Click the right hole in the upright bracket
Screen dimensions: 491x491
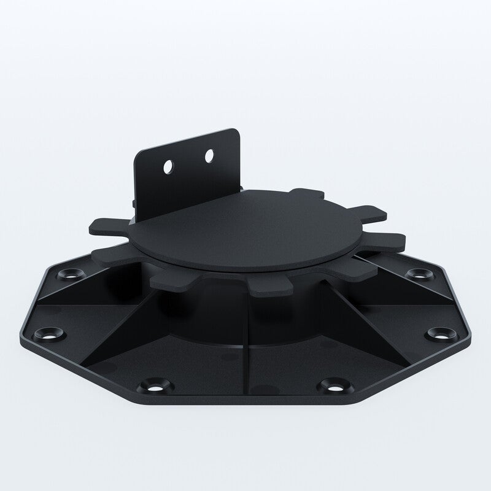tap(210, 156)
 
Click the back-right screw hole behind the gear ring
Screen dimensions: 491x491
tap(419, 273)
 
